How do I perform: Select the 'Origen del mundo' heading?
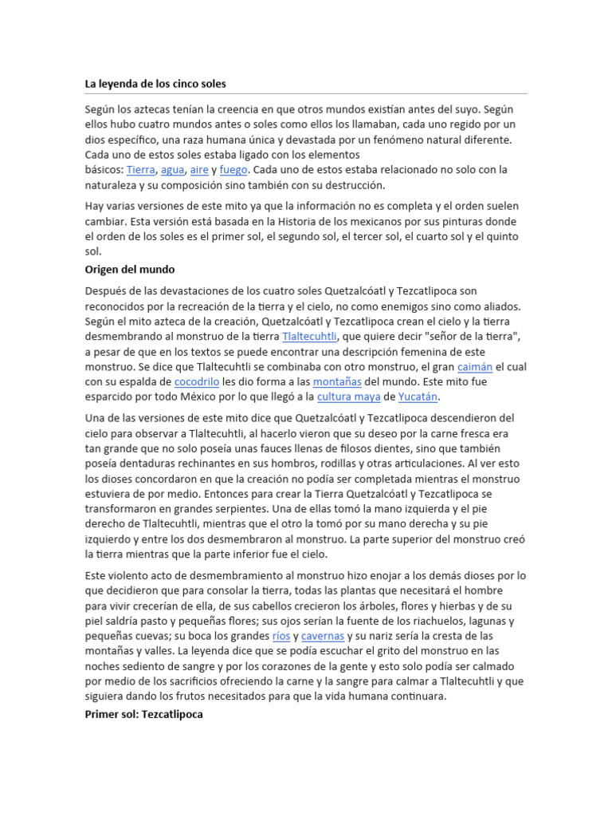tap(130, 269)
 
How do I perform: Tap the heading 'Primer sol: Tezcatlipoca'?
tap(144, 714)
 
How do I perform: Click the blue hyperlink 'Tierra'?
tap(140, 170)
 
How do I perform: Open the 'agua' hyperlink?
tap(172, 170)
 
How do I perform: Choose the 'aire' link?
tap(199, 170)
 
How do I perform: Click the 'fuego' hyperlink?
tap(234, 170)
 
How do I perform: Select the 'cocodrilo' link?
tap(197, 382)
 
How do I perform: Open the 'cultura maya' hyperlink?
tap(348, 397)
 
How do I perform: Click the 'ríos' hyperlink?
tap(280, 636)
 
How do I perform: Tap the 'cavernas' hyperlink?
tap(323, 636)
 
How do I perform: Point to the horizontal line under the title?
tap(306, 94)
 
